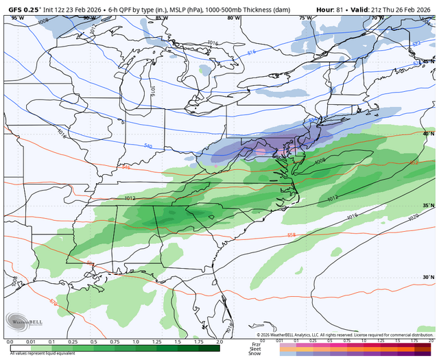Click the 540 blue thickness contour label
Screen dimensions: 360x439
coord(148,146)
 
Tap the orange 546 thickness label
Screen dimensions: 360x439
coord(125,167)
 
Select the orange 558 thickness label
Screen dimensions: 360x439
coord(291,235)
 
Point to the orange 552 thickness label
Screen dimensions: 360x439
coord(414,163)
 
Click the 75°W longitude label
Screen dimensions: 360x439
coord(305,18)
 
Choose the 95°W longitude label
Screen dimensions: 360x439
coord(16,18)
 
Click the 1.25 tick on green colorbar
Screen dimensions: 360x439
coord(156,341)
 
